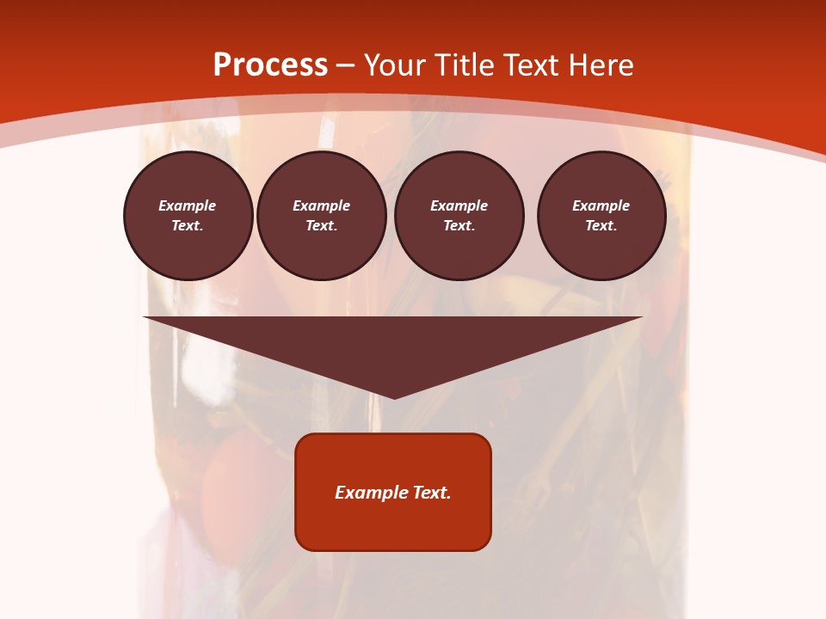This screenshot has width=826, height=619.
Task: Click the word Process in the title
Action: (x=270, y=65)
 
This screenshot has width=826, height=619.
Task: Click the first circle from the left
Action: (x=188, y=216)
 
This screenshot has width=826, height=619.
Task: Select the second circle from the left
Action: (x=322, y=216)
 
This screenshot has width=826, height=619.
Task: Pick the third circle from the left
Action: (x=459, y=216)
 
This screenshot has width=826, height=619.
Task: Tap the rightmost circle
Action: (x=601, y=216)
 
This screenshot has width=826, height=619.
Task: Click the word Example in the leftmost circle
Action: (x=188, y=205)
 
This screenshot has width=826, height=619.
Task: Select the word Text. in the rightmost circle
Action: (x=601, y=226)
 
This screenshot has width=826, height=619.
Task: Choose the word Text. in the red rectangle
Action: (x=432, y=493)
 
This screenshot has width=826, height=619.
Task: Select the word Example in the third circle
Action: (x=459, y=205)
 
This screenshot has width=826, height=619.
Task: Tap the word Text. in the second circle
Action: (x=322, y=226)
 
